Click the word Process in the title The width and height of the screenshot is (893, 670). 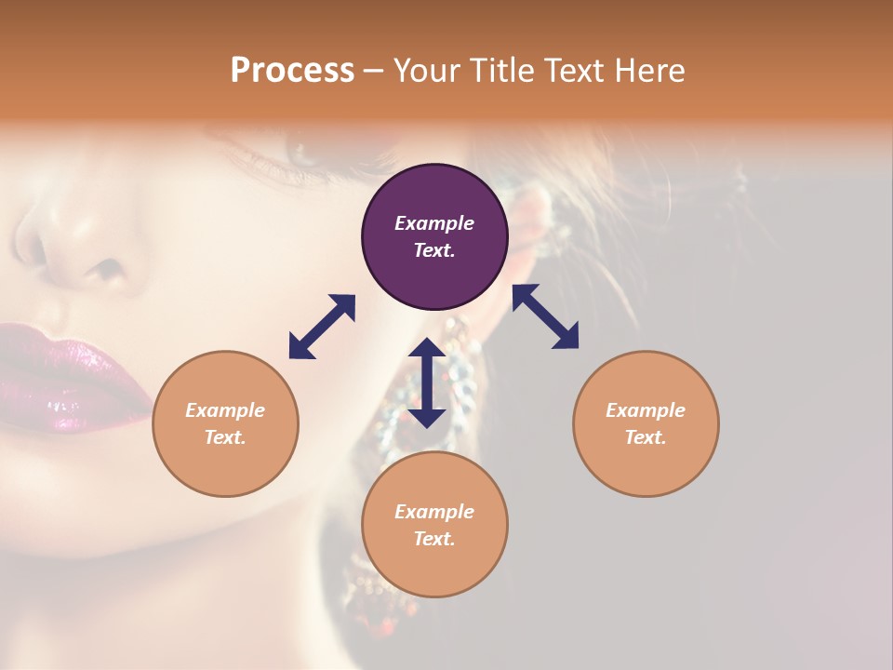(x=292, y=71)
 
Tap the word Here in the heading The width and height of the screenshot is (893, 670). (x=650, y=71)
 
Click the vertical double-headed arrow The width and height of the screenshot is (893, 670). (x=427, y=382)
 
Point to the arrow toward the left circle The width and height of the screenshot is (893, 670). (x=322, y=327)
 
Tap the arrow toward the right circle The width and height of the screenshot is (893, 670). (x=545, y=316)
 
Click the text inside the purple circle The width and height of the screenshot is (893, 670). (x=434, y=236)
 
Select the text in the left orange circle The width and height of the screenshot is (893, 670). (x=225, y=423)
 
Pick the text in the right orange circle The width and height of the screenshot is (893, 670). (x=646, y=423)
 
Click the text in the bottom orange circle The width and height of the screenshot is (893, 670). (x=434, y=525)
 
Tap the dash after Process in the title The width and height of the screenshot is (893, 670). (x=374, y=71)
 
